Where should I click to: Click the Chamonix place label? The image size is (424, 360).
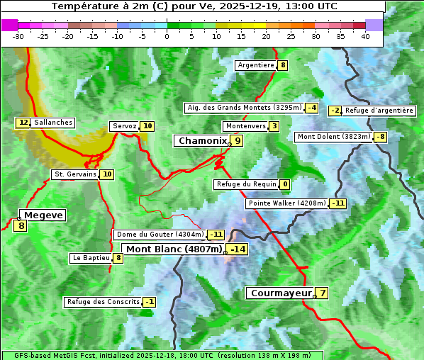tap(202, 141)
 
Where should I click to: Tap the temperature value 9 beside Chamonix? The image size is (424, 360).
tap(238, 141)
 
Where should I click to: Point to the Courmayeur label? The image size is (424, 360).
tap(281, 293)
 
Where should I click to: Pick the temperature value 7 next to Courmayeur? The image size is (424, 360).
tap(323, 293)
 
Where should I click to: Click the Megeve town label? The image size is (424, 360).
tap(43, 215)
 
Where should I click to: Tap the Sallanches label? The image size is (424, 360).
tap(53, 123)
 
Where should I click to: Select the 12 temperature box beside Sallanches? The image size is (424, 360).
tap(23, 123)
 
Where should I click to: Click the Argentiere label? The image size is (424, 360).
tap(256, 65)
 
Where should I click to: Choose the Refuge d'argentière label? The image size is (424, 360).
tap(379, 111)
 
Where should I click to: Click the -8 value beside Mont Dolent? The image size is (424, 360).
tap(381, 137)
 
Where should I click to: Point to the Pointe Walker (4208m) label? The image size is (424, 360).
tap(286, 203)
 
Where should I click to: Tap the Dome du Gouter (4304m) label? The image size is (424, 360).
tap(160, 235)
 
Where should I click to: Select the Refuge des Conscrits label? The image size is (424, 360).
tap(103, 302)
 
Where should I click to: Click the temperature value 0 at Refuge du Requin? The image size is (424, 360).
tap(284, 184)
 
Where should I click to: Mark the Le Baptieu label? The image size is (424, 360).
tap(91, 258)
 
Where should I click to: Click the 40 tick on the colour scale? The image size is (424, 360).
tap(365, 36)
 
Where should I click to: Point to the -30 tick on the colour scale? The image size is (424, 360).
tap(18, 36)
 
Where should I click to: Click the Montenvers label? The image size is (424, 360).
tap(245, 126)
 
